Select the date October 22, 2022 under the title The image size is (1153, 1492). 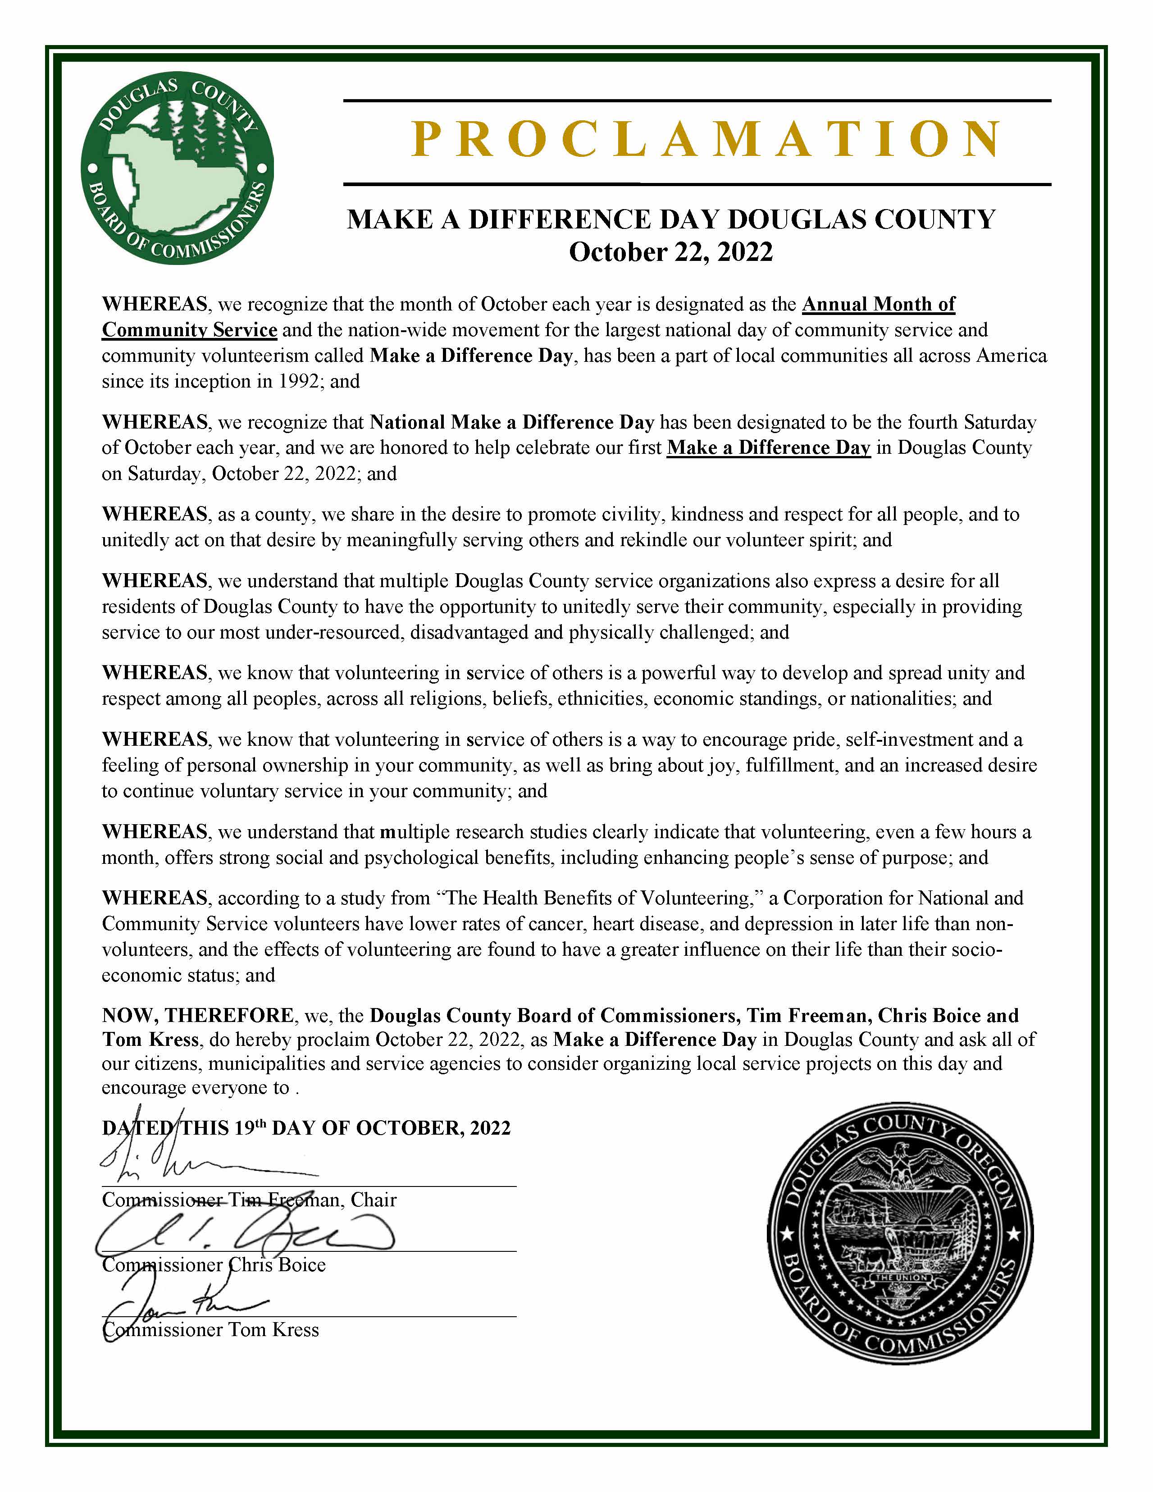click(671, 252)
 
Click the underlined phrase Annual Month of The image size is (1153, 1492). click(879, 304)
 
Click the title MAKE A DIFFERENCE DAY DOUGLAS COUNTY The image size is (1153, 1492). click(671, 219)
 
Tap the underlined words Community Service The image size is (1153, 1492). click(189, 330)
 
